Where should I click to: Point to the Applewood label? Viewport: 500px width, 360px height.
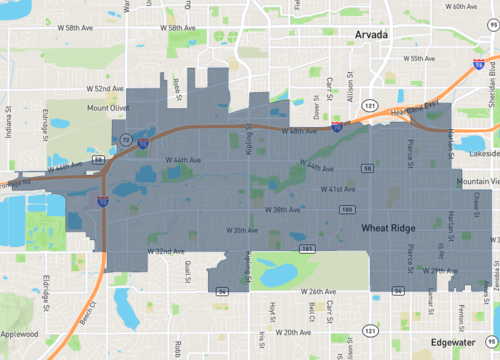(x=19, y=335)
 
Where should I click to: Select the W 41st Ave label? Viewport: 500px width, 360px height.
(x=338, y=187)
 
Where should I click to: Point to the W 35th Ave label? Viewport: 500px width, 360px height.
(x=242, y=230)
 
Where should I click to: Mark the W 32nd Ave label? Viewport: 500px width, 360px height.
(x=165, y=251)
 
